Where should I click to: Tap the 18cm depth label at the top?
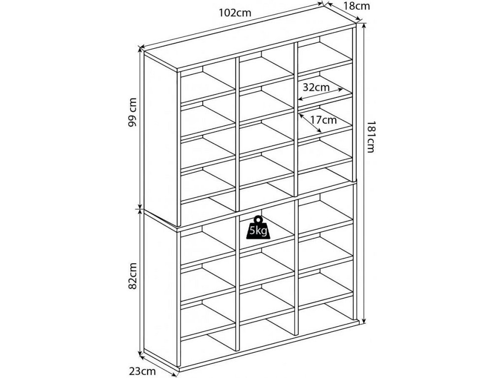click(356, 6)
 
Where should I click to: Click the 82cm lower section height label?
click(132, 277)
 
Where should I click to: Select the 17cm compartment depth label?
click(323, 120)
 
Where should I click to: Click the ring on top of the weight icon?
click(258, 220)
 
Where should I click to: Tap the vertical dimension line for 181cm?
click(363, 172)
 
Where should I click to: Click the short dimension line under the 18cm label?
click(344, 12)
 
